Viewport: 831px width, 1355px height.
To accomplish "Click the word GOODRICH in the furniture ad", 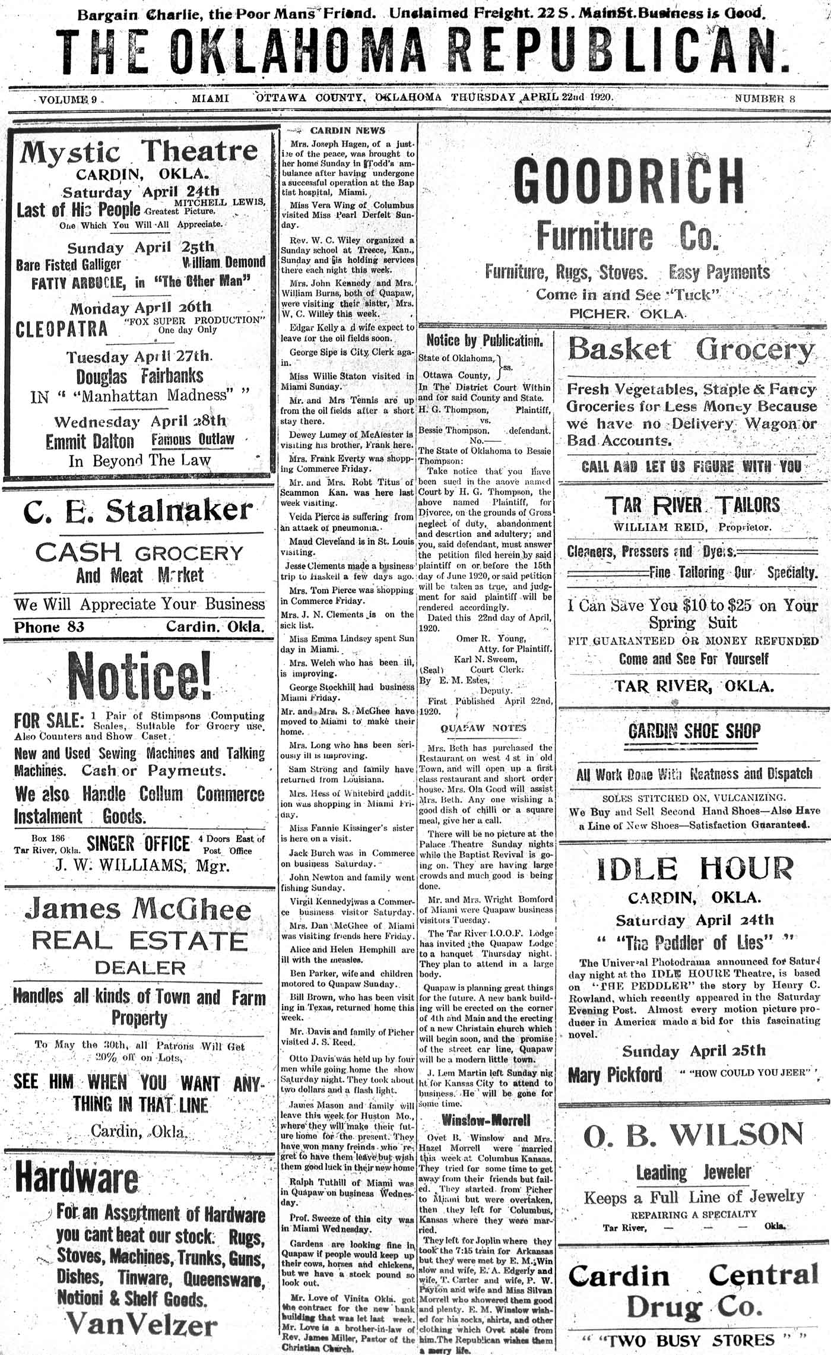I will coord(628,181).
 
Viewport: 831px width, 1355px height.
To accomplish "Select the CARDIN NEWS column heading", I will coord(348,131).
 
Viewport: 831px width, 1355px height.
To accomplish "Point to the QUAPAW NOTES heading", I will coord(483,728).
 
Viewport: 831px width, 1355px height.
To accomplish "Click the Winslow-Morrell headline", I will coord(486,1120).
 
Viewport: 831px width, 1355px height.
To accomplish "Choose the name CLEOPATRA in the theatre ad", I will coord(62,329).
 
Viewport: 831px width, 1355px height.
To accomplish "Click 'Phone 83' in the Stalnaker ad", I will coord(49,627).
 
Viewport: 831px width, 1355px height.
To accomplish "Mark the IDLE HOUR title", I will coord(694,869).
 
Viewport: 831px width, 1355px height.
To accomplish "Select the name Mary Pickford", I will coord(615,1075).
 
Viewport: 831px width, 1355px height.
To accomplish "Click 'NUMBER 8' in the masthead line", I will coord(765,99).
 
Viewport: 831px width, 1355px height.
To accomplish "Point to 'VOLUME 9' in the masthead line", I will coord(68,100).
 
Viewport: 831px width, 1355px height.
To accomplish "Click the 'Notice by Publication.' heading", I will coord(484,340).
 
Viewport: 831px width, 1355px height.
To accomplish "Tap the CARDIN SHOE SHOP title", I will coord(694,731).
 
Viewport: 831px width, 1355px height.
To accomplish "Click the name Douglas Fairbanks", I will coord(139,376).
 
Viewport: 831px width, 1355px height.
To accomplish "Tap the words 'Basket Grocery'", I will coord(692,349).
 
